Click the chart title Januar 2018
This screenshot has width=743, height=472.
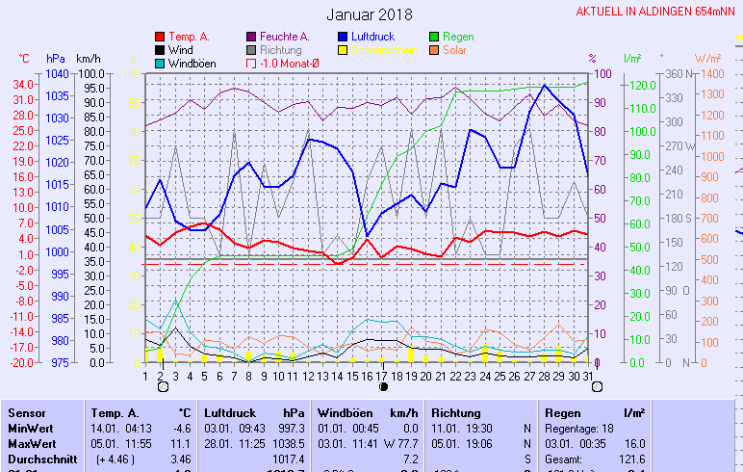coord(370,14)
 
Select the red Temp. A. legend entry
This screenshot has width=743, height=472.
coord(189,37)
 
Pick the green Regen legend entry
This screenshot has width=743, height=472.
coord(457,37)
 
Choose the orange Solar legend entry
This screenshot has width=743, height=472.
coord(454,50)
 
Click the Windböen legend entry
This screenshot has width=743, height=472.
coord(191,64)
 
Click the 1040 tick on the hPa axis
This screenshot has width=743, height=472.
coord(57,74)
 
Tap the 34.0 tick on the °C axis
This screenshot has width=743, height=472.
coord(25,84)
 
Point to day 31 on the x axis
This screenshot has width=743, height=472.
coord(588,376)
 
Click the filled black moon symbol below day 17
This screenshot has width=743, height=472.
coord(383,386)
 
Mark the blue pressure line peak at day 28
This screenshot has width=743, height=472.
coord(546,86)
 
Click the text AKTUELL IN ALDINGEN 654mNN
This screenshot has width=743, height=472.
coord(658,12)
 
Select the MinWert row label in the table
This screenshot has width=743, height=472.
coord(31,428)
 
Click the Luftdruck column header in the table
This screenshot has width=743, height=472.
coord(227,412)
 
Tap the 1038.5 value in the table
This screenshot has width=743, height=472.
coord(288,443)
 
